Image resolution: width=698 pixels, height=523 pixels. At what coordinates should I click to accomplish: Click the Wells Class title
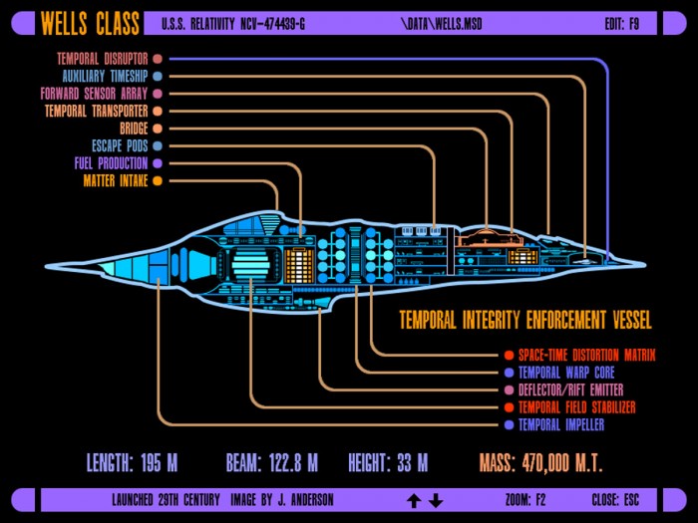tap(90, 23)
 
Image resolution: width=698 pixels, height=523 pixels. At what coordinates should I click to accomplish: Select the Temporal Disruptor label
tap(103, 59)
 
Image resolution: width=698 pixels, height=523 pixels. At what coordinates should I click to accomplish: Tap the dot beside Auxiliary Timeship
tap(158, 76)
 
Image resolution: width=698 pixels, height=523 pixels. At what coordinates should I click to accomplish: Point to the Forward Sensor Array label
tap(94, 94)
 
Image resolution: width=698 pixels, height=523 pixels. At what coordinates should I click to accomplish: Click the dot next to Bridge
tap(158, 129)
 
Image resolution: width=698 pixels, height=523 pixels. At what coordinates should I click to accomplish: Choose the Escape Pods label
tap(120, 145)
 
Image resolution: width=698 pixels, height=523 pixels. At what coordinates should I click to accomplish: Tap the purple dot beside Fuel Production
tap(158, 163)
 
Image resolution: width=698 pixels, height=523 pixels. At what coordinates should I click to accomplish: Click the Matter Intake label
tap(116, 180)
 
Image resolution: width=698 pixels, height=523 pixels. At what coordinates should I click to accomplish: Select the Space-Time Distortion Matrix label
tap(586, 355)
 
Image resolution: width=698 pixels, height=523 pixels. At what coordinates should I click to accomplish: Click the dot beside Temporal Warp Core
tap(510, 373)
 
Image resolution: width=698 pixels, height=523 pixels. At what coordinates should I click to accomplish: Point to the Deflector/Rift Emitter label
tap(571, 391)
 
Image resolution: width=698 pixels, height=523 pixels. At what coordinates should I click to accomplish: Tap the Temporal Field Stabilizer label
tap(577, 407)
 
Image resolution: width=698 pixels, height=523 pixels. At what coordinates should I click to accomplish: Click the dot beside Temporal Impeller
tap(510, 424)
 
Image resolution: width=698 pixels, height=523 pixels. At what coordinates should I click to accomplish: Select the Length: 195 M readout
tap(133, 462)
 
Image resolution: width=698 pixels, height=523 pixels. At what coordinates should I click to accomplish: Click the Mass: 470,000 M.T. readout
tap(540, 462)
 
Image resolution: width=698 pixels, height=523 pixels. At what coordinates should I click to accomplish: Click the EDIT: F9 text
tap(622, 24)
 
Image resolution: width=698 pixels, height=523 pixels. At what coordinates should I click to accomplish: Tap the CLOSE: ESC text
tap(615, 500)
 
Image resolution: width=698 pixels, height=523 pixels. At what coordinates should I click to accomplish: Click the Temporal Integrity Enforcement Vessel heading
tap(525, 320)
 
